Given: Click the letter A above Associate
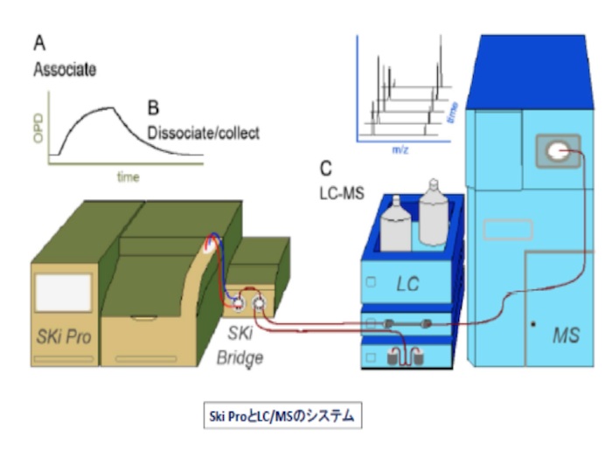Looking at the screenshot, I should click(x=40, y=41).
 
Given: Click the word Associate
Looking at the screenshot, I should click(x=65, y=68).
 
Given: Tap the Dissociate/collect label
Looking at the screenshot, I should click(x=203, y=134).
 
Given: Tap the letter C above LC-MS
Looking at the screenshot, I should click(x=326, y=166).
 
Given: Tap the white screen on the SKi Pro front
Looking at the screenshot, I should click(x=63, y=294).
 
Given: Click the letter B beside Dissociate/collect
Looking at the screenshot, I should click(x=153, y=108).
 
